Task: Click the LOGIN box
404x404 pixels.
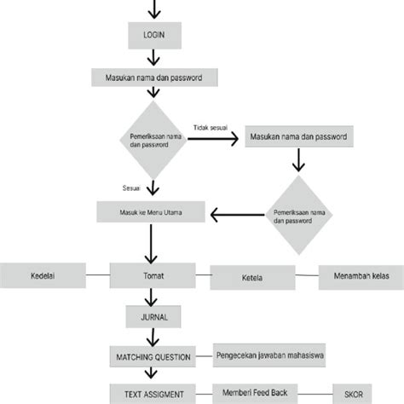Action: pyautogui.click(x=153, y=36)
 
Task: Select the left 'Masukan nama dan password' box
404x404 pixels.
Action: pyautogui.click(x=153, y=78)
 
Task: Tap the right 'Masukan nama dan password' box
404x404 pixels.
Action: pyautogui.click(x=297, y=136)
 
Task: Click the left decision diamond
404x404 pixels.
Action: pyautogui.click(x=153, y=140)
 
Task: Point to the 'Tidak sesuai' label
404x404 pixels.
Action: pyautogui.click(x=210, y=124)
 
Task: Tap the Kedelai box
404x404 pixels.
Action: pyautogui.click(x=42, y=276)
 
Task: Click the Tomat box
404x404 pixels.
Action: pyautogui.click(x=153, y=276)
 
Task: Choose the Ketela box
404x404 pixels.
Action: pyautogui.click(x=251, y=278)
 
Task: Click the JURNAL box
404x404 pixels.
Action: pyautogui.click(x=153, y=316)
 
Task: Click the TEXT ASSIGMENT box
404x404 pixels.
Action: pyautogui.click(x=153, y=392)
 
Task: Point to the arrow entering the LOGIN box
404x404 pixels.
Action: pyautogui.click(x=153, y=10)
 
